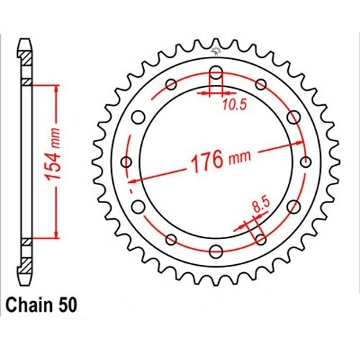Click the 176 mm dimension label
pos(220,159)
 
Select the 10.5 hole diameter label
pos(235,105)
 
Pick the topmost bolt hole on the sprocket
pos(216,72)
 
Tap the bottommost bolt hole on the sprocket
pos(216,251)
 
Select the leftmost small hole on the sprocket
pos(127,162)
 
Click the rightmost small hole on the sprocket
pos(305,162)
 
